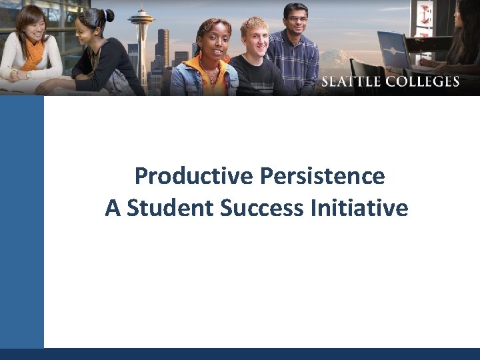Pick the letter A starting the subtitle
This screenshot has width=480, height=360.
[113, 209]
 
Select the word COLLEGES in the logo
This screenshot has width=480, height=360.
[424, 82]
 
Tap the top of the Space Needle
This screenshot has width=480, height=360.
[141, 11]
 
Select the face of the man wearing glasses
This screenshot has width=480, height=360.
[295, 20]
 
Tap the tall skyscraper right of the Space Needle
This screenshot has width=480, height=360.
[163, 50]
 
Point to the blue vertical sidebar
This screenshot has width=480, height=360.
[22, 220]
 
